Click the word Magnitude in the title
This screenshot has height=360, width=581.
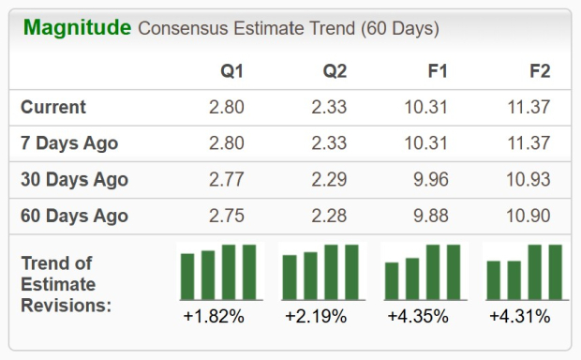(x=77, y=28)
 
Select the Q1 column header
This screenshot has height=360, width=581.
(x=231, y=72)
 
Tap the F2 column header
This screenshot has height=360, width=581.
(x=539, y=72)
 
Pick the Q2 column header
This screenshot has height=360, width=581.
(x=334, y=72)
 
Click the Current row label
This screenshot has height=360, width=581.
(x=53, y=108)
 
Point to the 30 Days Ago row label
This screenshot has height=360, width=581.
(x=74, y=180)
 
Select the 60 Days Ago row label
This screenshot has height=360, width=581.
(x=74, y=216)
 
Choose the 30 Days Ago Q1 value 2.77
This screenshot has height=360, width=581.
(x=226, y=180)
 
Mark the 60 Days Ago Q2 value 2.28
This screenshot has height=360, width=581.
(x=329, y=216)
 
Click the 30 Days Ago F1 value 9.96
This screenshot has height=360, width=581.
(x=432, y=180)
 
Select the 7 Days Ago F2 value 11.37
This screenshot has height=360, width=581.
(x=529, y=143)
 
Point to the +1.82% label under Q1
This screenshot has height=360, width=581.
(x=214, y=317)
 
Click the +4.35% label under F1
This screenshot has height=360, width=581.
(x=417, y=317)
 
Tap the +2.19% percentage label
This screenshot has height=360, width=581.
(x=316, y=317)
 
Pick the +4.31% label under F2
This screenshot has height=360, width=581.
(x=519, y=317)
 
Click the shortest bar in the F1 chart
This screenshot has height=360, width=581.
(x=392, y=280)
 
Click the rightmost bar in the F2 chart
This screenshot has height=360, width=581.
(x=555, y=271)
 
